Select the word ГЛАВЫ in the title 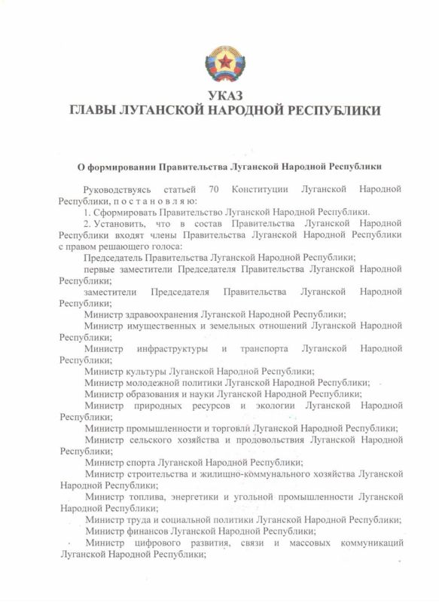(x=92, y=111)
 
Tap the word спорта (x=145, y=462)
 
